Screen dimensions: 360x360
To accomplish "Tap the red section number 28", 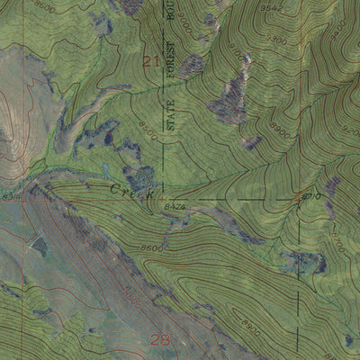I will [x=160, y=339].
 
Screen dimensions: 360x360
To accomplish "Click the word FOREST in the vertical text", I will [x=169, y=65].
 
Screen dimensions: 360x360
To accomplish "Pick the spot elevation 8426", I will [x=175, y=207].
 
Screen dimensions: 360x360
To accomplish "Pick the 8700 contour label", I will [x=337, y=240].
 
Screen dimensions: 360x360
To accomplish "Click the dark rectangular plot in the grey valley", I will [x=40, y=244].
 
